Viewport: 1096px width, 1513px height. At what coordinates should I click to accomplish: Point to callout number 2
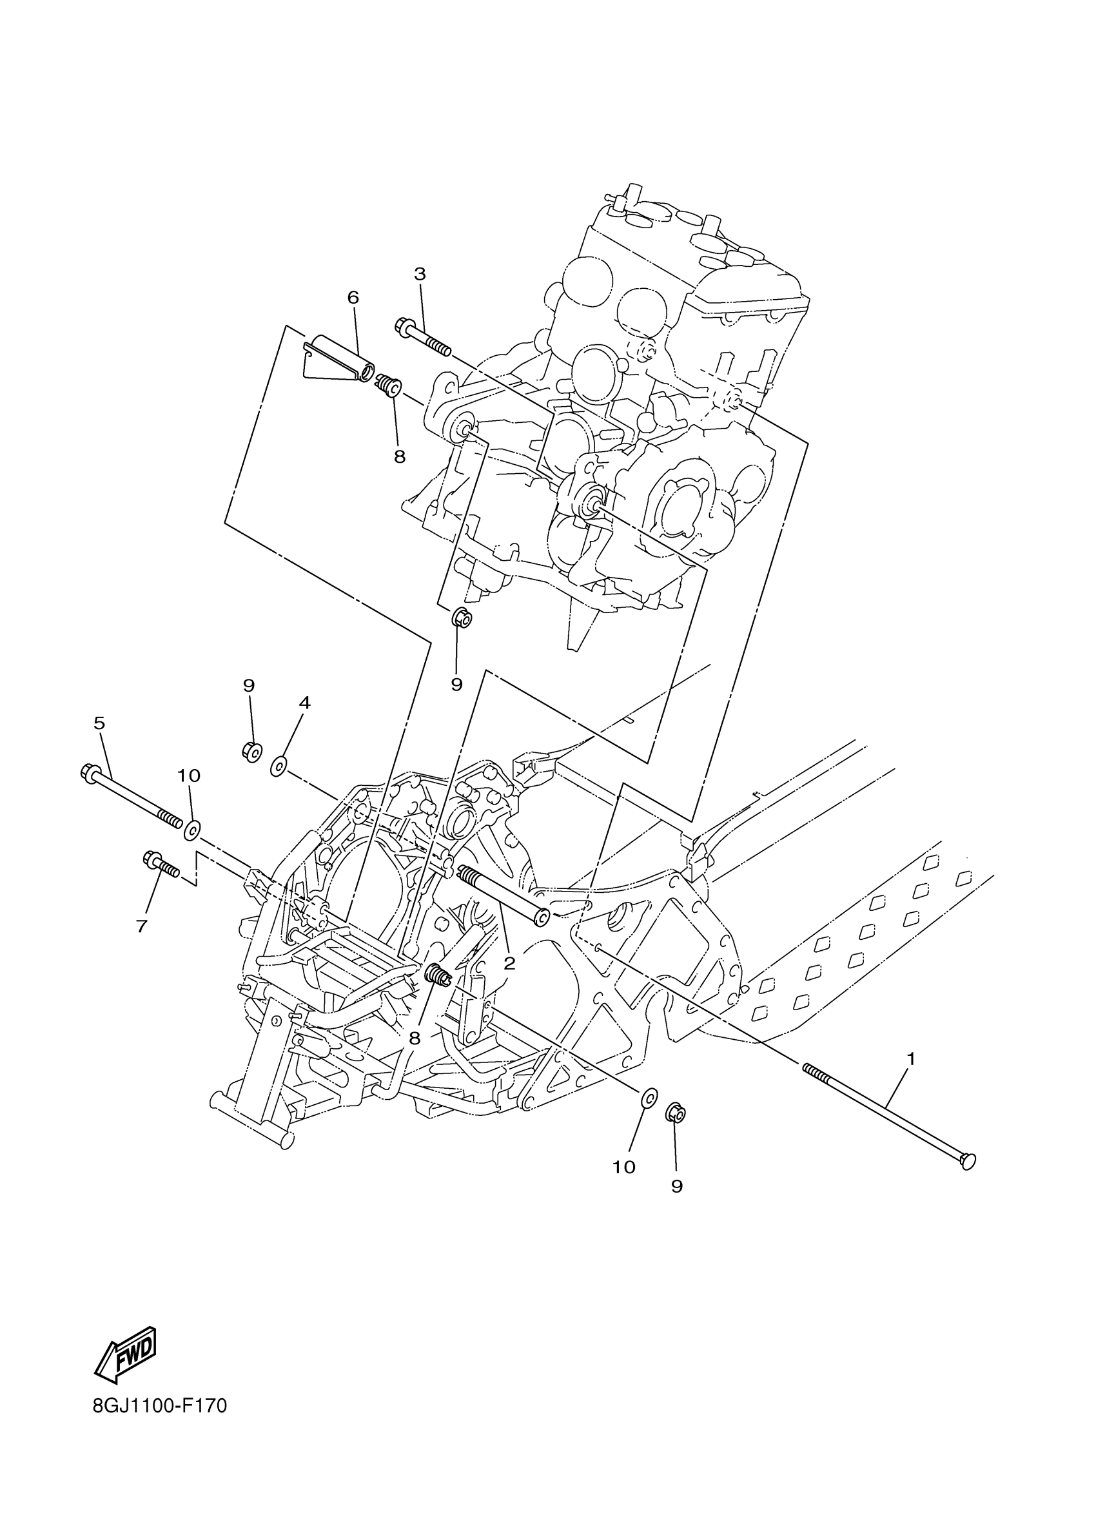[x=510, y=962]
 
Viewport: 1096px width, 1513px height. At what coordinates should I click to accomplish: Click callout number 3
[x=420, y=274]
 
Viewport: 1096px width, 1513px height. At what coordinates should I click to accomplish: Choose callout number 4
[x=304, y=703]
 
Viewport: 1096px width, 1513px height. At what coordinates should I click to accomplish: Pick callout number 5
[x=99, y=723]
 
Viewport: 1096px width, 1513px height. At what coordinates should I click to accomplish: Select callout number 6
[x=353, y=298]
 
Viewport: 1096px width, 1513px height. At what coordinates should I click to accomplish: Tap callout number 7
[x=141, y=926]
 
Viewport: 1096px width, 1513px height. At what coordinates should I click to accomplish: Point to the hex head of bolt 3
[x=404, y=326]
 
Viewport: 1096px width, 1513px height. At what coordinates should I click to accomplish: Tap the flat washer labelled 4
[x=279, y=766]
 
